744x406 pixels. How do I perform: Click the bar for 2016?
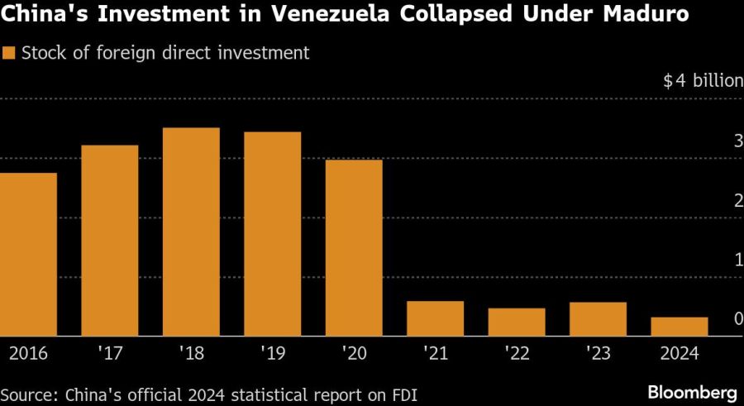click(28, 255)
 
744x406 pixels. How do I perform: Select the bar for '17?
click(110, 241)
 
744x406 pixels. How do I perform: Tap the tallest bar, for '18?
click(191, 232)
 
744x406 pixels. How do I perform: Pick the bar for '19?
click(273, 234)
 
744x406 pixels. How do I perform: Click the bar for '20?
click(354, 248)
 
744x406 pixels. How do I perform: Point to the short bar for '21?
click(436, 318)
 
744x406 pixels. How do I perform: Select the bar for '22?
click(517, 322)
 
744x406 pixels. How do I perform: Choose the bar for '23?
click(599, 319)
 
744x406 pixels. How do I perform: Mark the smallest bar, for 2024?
click(680, 327)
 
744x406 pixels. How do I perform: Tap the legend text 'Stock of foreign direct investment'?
click(165, 54)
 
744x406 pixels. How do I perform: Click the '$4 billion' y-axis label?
click(702, 82)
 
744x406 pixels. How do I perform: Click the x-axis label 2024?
click(680, 353)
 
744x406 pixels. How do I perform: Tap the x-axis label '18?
click(191, 353)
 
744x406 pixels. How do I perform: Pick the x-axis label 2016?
click(28, 353)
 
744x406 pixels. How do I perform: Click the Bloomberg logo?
click(693, 390)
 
